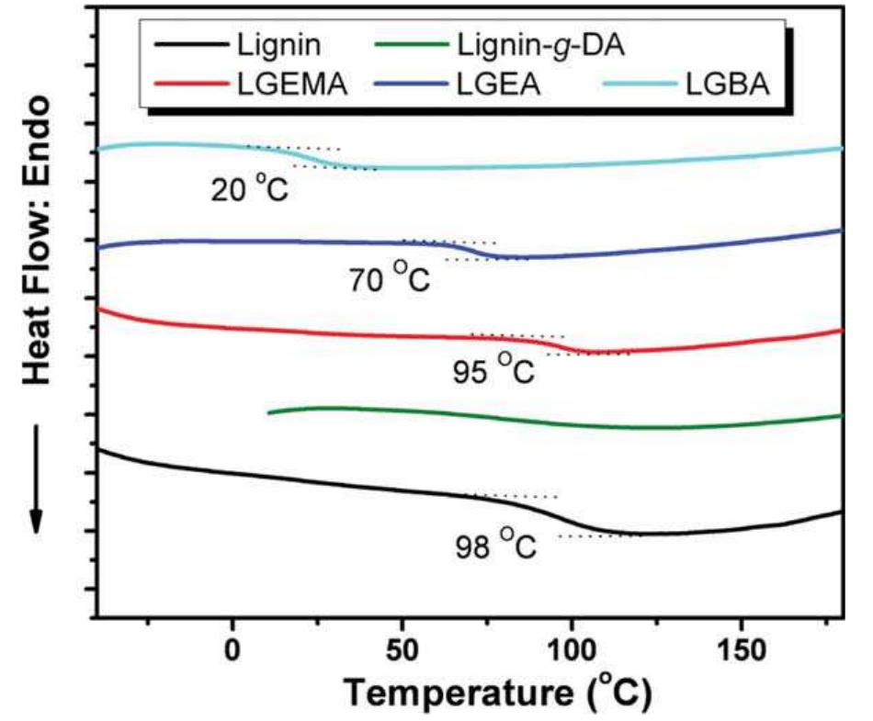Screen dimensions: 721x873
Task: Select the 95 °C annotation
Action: [x=493, y=369]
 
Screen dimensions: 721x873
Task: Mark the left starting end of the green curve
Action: [x=268, y=412]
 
